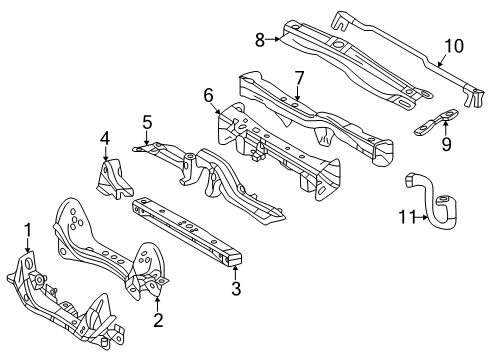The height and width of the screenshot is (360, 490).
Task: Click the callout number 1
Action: tap(28, 231)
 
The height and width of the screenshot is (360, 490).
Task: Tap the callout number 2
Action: tap(158, 320)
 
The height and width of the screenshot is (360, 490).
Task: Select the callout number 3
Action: tap(236, 288)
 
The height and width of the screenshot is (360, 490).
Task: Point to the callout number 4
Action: tap(105, 139)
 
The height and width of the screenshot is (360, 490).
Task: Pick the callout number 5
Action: tap(147, 122)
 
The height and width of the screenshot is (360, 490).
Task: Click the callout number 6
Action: tap(208, 96)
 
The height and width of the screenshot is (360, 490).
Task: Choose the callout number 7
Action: tap(299, 78)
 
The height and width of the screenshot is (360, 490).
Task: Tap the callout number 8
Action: tap(260, 40)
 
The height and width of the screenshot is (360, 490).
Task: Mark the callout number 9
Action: tap(446, 144)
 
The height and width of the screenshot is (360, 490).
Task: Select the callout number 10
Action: tap(454, 46)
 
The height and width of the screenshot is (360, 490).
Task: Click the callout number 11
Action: tap(407, 217)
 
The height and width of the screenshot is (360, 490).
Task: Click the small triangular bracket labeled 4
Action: tap(114, 180)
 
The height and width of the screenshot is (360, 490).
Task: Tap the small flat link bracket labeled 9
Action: tap(436, 122)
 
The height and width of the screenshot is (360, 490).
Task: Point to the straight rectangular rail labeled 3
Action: tap(187, 230)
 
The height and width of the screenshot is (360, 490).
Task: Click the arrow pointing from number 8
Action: tap(273, 39)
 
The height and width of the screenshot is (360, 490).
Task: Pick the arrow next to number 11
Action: tap(422, 218)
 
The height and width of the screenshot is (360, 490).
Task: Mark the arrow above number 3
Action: tap(235, 273)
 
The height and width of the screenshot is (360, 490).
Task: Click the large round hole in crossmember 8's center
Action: tap(338, 44)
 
